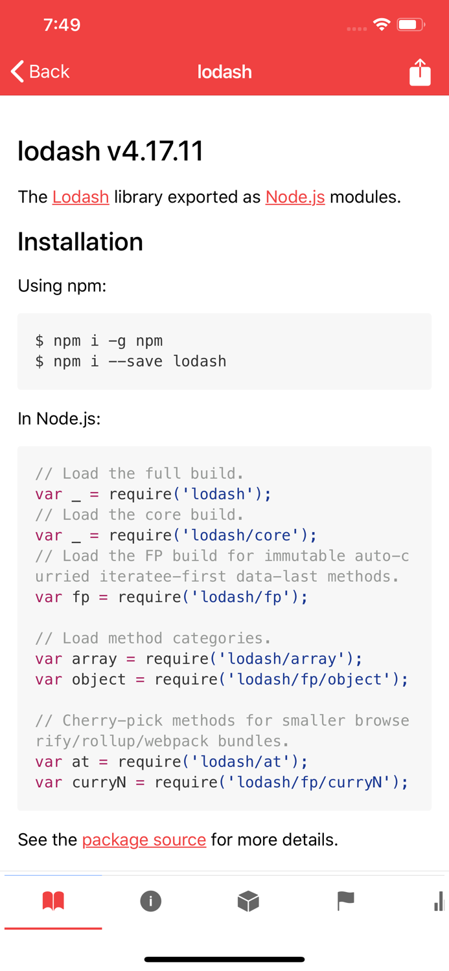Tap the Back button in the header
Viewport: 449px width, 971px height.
[x=40, y=71]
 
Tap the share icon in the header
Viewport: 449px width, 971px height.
[x=420, y=72]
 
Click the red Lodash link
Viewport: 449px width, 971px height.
[x=80, y=197]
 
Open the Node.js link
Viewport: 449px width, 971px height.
[x=295, y=197]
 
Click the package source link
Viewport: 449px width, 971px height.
[x=144, y=840]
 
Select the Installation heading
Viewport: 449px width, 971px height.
[x=80, y=241]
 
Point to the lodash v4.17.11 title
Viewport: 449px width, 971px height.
[x=111, y=151]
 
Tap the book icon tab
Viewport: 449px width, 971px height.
[x=53, y=900]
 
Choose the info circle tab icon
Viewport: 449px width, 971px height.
[x=151, y=900]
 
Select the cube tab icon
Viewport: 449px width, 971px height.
[x=248, y=900]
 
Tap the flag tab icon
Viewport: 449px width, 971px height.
[x=345, y=900]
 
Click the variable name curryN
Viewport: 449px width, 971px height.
[x=98, y=782]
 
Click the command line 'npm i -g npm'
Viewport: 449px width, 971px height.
[x=99, y=340]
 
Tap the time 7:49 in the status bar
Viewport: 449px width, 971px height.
[x=62, y=25]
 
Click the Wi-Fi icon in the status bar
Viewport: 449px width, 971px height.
[x=382, y=25]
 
